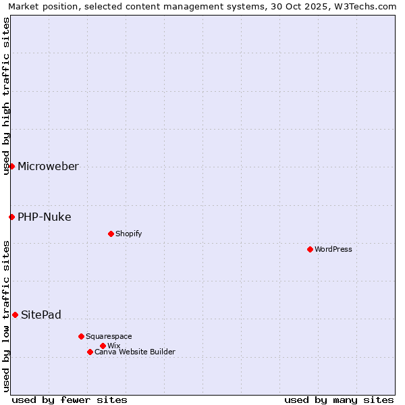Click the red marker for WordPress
point(310,249)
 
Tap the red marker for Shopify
point(111,234)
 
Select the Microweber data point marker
point(11,166)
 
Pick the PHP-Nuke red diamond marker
point(11,217)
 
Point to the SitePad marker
point(15,315)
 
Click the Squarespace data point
point(81,336)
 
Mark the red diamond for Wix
point(103,346)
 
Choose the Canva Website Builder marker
point(90,352)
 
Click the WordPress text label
point(333,249)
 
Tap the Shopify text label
point(128,234)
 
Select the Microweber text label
point(48,167)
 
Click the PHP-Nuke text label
point(44,217)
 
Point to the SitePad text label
point(41,315)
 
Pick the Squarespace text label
point(109,336)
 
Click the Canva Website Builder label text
point(135,352)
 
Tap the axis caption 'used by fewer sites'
point(70,400)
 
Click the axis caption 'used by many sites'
point(339,400)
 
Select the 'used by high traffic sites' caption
point(6,96)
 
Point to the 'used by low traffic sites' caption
point(6,315)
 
